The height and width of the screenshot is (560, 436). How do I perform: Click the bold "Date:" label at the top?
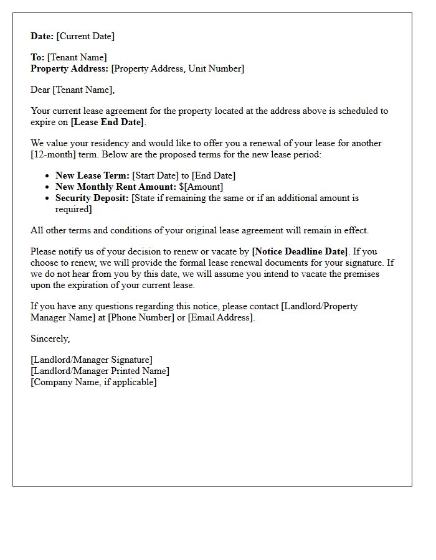pos(42,36)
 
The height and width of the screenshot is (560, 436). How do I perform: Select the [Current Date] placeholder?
pos(85,36)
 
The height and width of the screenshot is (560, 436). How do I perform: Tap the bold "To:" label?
pos(37,57)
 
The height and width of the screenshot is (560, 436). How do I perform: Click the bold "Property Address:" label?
pos(69,68)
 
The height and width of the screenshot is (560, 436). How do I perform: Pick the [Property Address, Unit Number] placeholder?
pos(178,68)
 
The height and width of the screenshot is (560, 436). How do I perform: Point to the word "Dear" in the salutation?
pos(40,90)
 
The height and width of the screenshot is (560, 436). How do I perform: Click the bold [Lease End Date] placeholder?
pos(107,122)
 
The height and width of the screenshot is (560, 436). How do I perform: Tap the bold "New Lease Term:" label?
pos(92,175)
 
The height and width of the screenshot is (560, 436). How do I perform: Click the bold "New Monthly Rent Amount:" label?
pos(116,187)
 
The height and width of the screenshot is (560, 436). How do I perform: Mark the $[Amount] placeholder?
pos(201,187)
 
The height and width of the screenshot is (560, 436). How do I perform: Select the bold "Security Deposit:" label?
pos(92,198)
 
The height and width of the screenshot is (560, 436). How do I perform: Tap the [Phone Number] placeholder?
pos(141,317)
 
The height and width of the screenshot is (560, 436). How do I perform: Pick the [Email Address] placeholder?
pos(220,317)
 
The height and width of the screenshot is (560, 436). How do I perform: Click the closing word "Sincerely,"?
pos(50,338)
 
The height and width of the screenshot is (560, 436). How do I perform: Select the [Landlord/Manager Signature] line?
pos(91,360)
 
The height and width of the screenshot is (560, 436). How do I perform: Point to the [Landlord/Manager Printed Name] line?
pos(100,371)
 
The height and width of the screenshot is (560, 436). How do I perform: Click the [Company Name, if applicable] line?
pos(93,382)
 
